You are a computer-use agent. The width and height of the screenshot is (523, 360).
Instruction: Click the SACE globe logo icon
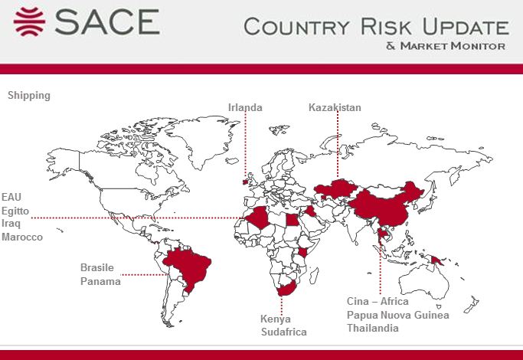(29, 21)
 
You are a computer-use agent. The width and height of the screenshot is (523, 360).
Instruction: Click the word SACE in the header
(105, 21)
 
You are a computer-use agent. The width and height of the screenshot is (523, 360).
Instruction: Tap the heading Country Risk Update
(375, 27)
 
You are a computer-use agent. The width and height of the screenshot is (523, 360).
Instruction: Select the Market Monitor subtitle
(446, 46)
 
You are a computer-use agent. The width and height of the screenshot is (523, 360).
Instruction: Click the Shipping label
(29, 96)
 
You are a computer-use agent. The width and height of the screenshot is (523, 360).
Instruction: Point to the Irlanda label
(245, 107)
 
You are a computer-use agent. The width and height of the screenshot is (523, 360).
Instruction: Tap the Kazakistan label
(335, 107)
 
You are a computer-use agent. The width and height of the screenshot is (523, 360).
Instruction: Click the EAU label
(11, 197)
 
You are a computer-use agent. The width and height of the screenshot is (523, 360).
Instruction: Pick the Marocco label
(22, 237)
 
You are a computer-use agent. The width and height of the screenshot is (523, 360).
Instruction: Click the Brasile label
(97, 268)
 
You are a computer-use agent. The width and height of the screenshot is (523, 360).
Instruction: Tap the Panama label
(100, 281)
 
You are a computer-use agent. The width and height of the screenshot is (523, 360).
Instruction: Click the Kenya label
(275, 319)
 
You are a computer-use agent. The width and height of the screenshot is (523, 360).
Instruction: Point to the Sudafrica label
(283, 332)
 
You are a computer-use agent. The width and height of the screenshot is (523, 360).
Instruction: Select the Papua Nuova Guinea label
(397, 315)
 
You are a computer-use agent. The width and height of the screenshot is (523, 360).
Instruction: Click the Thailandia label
(373, 328)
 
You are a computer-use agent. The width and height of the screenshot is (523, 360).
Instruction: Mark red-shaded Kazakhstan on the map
(337, 188)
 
